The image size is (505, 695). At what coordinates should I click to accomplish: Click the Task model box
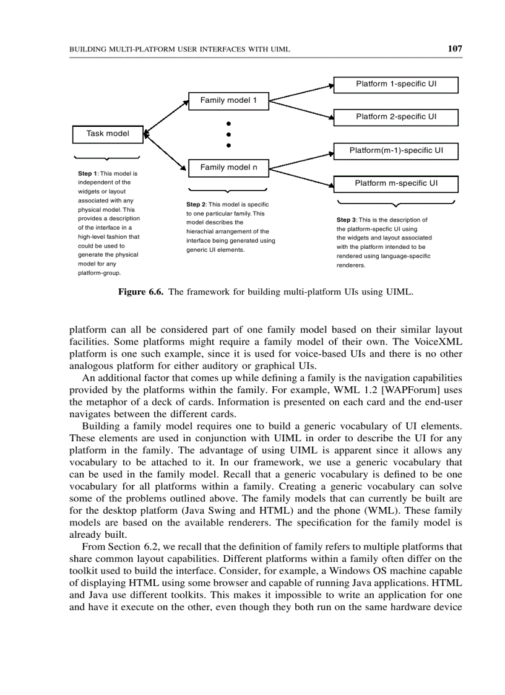[x=108, y=134]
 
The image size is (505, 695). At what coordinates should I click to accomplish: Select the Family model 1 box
[x=228, y=101]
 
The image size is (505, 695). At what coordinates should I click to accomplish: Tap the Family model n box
[x=228, y=168]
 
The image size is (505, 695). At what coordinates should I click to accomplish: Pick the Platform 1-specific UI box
[x=396, y=84]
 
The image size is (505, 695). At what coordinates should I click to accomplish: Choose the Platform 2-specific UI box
[x=396, y=117]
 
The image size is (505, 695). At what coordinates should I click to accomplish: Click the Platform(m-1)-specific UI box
[x=396, y=150]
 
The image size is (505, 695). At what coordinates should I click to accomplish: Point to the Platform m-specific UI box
[x=396, y=184]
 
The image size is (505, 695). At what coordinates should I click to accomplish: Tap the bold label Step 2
[x=196, y=205]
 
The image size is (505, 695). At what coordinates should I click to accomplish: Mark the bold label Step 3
[x=347, y=220]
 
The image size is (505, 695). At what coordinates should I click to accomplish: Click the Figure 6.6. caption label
[x=140, y=292]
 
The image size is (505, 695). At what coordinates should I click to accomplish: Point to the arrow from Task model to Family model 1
[x=166, y=117]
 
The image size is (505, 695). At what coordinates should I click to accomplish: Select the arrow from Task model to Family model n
[x=166, y=150]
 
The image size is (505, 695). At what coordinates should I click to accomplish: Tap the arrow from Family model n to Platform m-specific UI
[x=301, y=176]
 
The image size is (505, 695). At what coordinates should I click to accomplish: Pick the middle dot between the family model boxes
[x=228, y=134]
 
